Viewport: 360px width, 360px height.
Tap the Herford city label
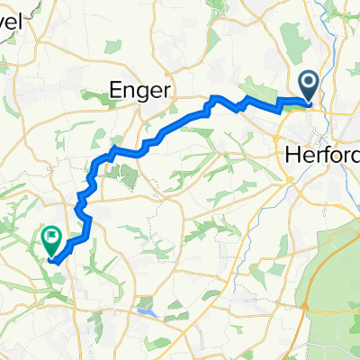pyautogui.click(x=321, y=155)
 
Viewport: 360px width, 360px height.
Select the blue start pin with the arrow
pyautogui.click(x=309, y=86)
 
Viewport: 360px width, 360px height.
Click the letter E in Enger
pyautogui.click(x=115, y=88)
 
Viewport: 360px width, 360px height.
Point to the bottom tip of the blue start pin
pyautogui.click(x=309, y=101)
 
